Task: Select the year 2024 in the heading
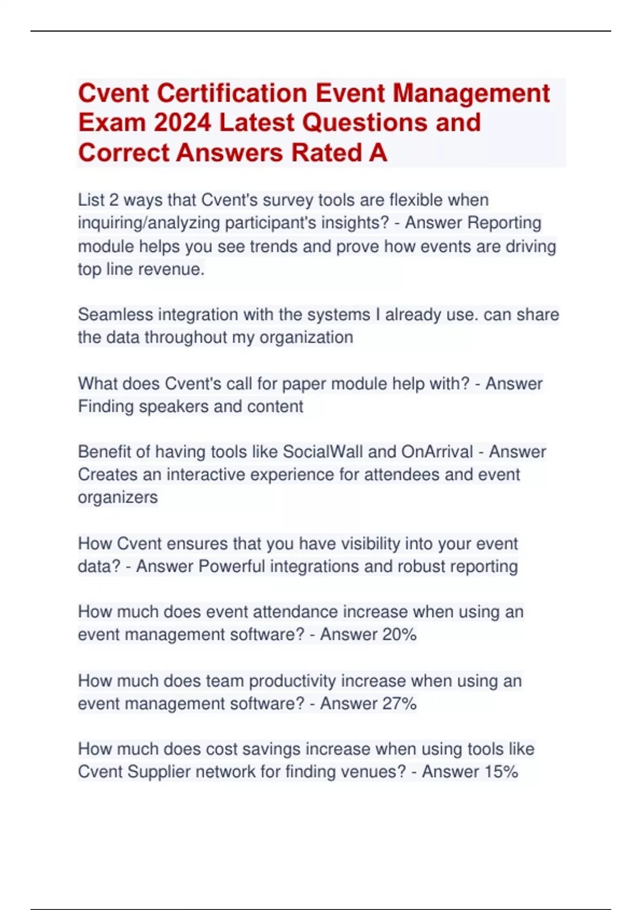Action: [x=182, y=123]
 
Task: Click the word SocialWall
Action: [x=323, y=452]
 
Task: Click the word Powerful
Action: [x=232, y=566]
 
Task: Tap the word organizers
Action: [x=118, y=497]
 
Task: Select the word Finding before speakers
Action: [x=106, y=407]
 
